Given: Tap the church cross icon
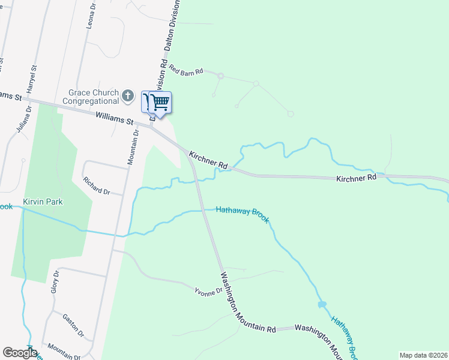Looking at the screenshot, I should pos(127,95).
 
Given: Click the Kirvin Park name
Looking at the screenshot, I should pos(43,202).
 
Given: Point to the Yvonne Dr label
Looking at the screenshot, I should pos(208,291).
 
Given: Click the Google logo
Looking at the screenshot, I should pos(19,353).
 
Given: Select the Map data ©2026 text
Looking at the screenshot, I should pos(423,355).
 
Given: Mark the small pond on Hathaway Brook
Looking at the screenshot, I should pos(322,305).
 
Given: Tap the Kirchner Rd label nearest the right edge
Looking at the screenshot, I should pos(356,178).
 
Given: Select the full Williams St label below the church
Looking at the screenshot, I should pos(113,117).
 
